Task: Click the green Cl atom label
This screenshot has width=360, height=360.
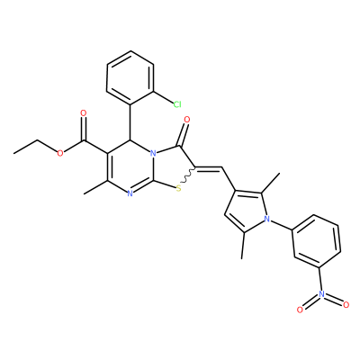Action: click(177, 104)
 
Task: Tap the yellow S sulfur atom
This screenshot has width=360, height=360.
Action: click(179, 189)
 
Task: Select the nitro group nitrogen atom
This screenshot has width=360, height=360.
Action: click(321, 293)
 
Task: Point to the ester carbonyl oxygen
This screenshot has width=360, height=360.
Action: click(84, 113)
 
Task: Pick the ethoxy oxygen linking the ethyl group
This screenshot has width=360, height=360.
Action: click(60, 154)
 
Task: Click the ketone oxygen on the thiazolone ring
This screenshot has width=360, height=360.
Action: click(186, 120)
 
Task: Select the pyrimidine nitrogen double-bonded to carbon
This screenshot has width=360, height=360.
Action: click(130, 194)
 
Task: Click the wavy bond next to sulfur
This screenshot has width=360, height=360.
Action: click(188, 175)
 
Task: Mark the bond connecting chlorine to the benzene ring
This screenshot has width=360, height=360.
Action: click(163, 96)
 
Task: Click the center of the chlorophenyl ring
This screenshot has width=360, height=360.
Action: click(130, 77)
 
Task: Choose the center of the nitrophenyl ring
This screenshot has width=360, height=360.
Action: click(317, 241)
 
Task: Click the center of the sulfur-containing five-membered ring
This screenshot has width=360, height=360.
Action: click(172, 166)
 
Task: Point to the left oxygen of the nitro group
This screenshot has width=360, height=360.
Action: click(300, 310)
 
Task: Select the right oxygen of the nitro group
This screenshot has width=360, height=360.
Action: click(346, 305)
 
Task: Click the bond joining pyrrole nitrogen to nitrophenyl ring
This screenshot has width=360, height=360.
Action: click(281, 225)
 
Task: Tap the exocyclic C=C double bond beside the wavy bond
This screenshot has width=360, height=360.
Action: click(209, 168)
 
